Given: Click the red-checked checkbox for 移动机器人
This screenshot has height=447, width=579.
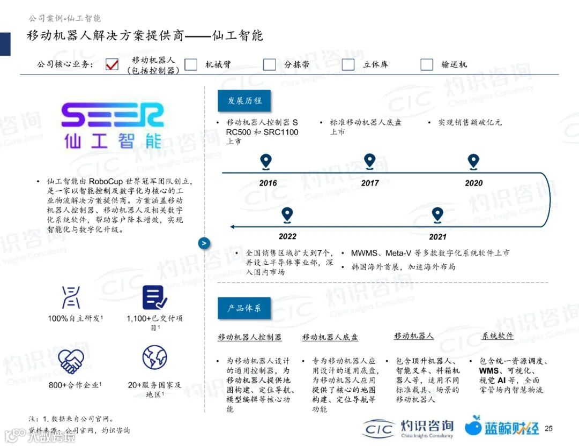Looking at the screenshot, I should tap(112, 64).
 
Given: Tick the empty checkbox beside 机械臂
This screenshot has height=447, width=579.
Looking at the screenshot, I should tap(191, 64).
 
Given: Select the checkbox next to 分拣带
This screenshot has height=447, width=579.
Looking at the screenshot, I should tap(270, 64).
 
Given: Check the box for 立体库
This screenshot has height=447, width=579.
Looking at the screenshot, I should tap(348, 64).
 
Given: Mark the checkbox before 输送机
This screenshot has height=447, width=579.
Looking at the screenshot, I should tap(427, 64).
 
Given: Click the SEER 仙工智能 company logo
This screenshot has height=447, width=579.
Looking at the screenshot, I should tap(113, 126).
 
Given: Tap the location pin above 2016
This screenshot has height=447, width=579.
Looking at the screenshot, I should tap(266, 161).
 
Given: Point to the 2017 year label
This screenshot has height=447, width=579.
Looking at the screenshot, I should tap(370, 183).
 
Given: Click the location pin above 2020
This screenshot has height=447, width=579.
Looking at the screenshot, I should tap(473, 161).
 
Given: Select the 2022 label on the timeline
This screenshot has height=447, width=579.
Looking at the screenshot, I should tap(287, 236).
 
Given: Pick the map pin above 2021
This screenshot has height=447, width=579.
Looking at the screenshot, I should tap(437, 215).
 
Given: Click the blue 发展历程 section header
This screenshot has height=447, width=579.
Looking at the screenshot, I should tap(244, 101).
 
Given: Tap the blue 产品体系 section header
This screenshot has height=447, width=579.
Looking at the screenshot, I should tap(244, 308).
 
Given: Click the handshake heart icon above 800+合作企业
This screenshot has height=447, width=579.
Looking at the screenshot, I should tap(71, 360).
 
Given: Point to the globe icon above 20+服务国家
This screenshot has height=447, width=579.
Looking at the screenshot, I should tap(154, 357).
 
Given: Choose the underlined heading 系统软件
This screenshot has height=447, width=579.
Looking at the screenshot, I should tap(498, 336).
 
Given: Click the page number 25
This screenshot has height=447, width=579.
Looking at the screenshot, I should tap(548, 428).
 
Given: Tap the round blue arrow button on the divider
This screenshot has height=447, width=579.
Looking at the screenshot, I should tap(204, 243).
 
